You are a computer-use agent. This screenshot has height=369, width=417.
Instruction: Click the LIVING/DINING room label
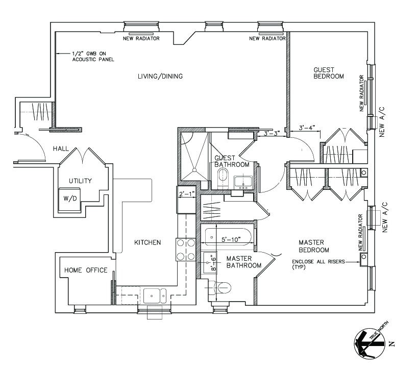pos(160,77)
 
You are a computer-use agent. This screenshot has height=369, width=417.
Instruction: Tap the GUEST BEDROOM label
pos(328,73)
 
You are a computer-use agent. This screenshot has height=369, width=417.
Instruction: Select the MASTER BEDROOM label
pos(314,246)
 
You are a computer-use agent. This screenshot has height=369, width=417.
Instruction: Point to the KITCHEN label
pos(148,242)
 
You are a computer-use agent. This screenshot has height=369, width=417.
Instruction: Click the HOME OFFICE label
pos(86,270)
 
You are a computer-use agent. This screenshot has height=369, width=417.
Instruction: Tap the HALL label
pos(61,149)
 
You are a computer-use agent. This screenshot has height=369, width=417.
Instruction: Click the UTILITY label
pos(81,181)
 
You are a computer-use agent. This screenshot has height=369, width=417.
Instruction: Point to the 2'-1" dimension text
pos(186,194)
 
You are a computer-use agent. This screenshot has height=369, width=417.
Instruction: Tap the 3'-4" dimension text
pos(307,127)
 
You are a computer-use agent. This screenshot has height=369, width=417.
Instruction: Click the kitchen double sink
pos(154,296)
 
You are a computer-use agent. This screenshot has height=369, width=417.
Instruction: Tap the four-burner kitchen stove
pos(186,250)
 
